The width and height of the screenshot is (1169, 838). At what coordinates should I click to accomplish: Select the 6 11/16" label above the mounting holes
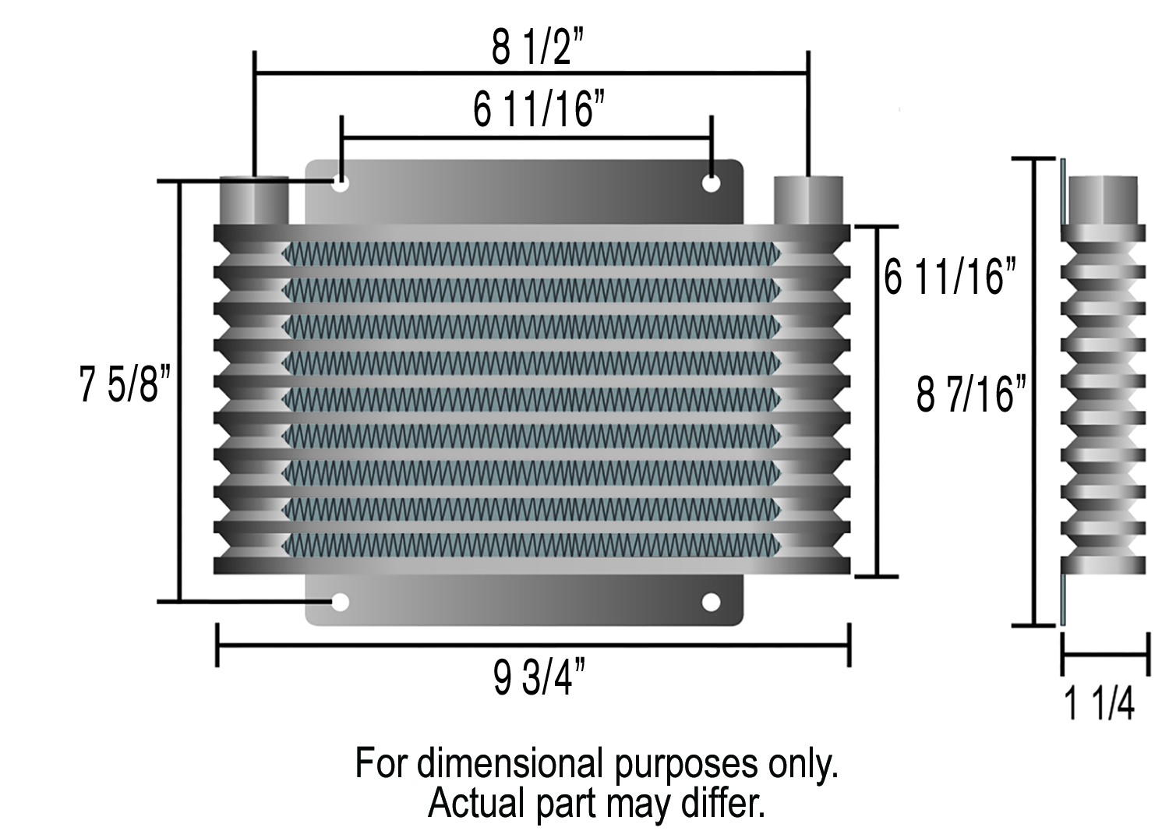coord(539,108)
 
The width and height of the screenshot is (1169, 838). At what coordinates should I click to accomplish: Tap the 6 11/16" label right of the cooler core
coord(950,277)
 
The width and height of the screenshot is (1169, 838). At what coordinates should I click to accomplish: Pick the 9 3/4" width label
coord(539,676)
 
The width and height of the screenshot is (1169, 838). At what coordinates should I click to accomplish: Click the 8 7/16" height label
coord(970,394)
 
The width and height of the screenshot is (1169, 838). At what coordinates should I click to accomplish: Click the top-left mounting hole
coord(341,184)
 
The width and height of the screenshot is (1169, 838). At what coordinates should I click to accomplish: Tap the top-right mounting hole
coord(711,184)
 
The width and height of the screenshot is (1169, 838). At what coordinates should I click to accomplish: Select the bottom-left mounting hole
coord(341,602)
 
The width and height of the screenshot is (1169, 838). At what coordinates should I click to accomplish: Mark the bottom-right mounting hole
coord(711,602)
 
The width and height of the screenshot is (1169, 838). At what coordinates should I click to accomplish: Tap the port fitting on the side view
coord(1103,201)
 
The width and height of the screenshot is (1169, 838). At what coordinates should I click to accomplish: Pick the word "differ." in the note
coord(722,803)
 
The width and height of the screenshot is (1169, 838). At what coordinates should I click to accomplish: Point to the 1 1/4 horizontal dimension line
coord(1105,655)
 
